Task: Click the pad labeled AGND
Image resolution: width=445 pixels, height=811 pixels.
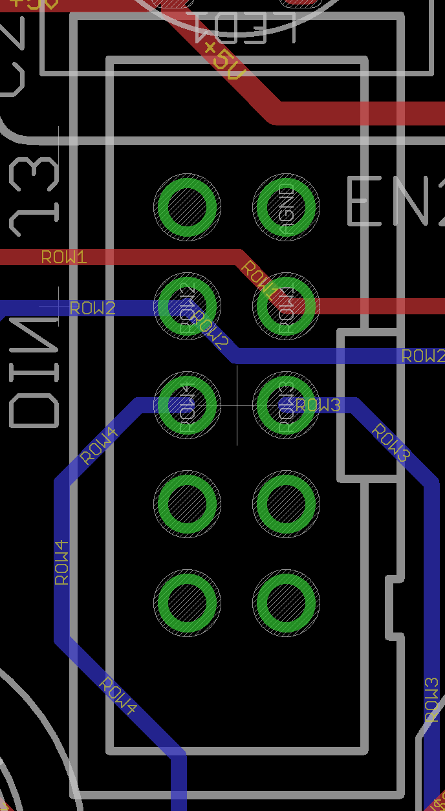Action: pyautogui.click(x=286, y=207)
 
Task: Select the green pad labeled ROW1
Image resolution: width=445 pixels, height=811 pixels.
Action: pyautogui.click(x=286, y=306)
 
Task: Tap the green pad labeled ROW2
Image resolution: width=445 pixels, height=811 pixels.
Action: pyautogui.click(x=187, y=306)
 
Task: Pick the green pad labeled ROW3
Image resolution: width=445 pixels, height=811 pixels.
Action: pyautogui.click(x=286, y=405)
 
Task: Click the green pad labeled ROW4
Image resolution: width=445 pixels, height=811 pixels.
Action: pyautogui.click(x=187, y=405)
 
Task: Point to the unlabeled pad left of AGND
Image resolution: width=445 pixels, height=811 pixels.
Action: pyautogui.click(x=187, y=207)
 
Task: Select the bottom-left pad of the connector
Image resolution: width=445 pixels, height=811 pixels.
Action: pyautogui.click(x=187, y=603)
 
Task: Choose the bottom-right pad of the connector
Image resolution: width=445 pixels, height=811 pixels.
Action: pyautogui.click(x=286, y=603)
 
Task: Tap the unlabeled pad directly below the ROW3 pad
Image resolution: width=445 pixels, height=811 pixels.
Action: pyautogui.click(x=286, y=504)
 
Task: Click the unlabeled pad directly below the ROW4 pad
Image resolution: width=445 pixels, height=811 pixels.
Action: pyautogui.click(x=187, y=504)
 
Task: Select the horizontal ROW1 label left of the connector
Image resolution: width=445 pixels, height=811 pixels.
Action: pyautogui.click(x=64, y=257)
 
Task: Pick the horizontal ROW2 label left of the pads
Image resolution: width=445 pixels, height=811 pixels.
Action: pyautogui.click(x=92, y=308)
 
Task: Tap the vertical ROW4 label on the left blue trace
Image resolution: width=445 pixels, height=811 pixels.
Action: pyautogui.click(x=62, y=563)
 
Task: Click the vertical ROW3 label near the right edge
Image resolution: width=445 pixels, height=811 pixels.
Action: pyautogui.click(x=432, y=700)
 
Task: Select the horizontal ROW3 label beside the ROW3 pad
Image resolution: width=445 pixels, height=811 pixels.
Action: pyautogui.click(x=318, y=405)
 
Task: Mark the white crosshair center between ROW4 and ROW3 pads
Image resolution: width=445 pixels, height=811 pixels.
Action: pyautogui.click(x=237, y=405)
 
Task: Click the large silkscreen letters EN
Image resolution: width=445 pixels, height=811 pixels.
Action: pyautogui.click(x=395, y=202)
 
